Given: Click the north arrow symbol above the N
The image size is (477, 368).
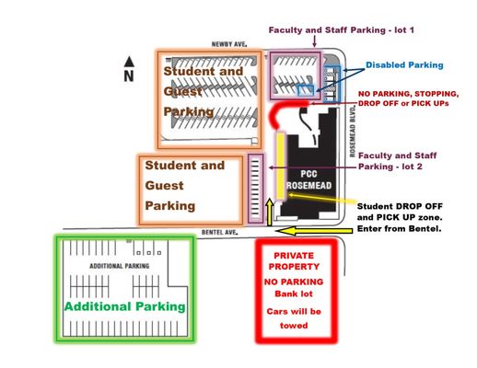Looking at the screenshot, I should click(x=130, y=62).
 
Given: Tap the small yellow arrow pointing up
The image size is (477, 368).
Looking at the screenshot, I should click(x=269, y=212).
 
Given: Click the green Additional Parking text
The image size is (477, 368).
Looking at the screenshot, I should click(x=124, y=306).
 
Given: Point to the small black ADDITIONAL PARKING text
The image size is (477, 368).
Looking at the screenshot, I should click(x=118, y=266).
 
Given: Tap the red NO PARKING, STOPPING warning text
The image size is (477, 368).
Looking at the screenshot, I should click(x=408, y=94).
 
